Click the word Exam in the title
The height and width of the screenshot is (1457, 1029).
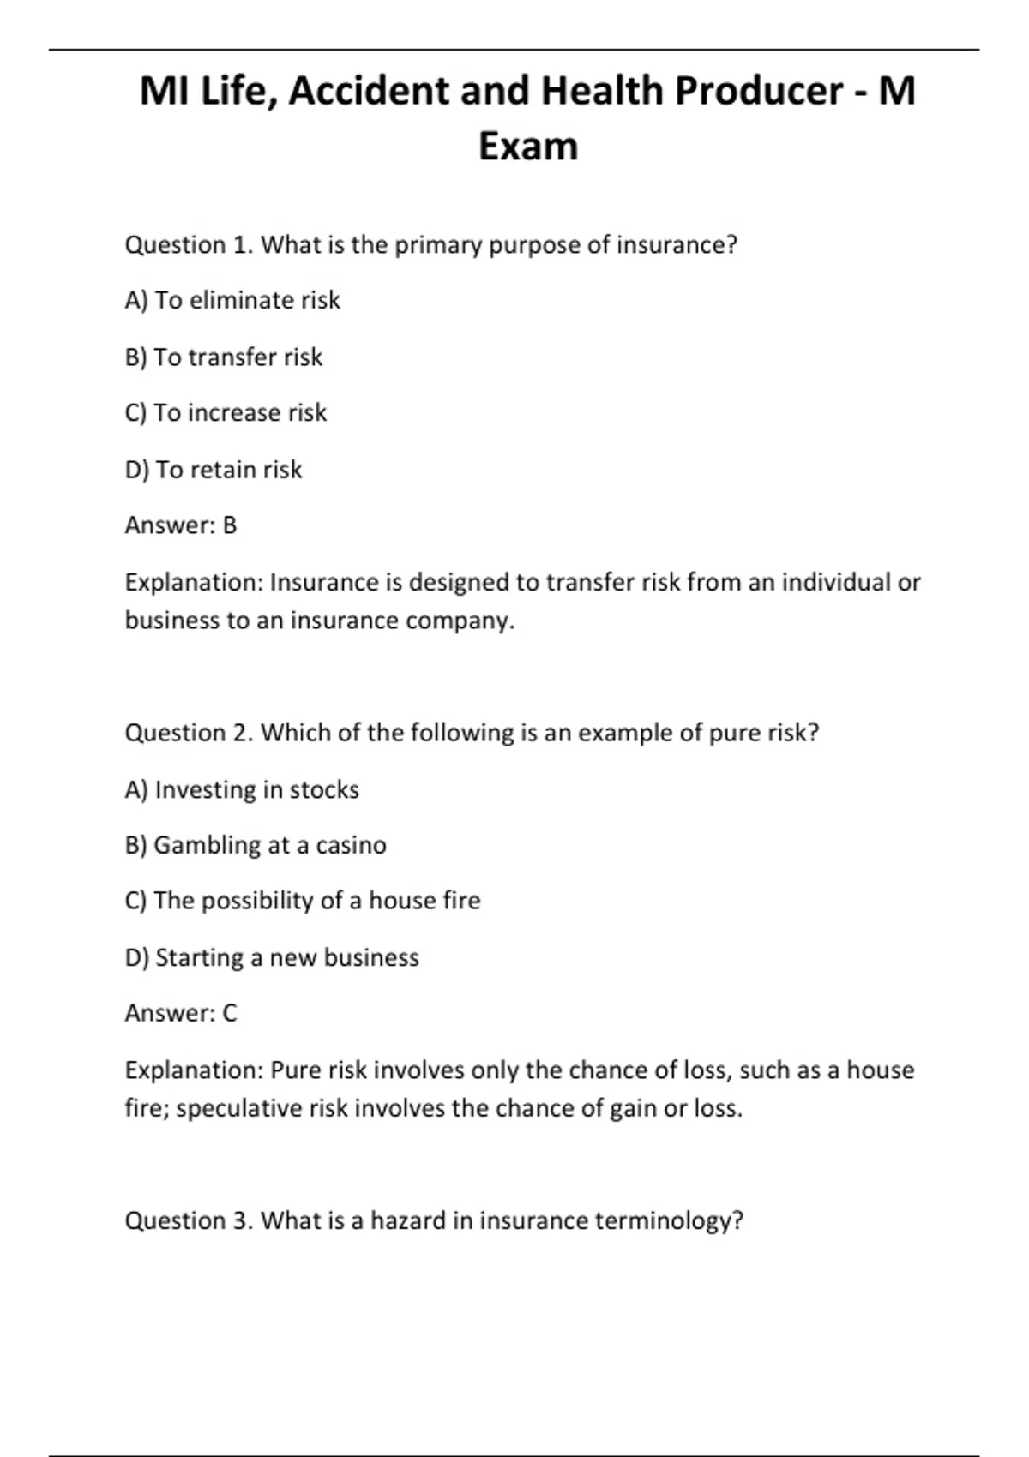[527, 146]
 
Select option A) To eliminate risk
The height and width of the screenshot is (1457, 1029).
[232, 300]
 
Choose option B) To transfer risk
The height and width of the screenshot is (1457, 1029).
[224, 357]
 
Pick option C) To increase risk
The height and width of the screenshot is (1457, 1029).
[226, 413]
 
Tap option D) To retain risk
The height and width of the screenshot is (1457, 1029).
[214, 470]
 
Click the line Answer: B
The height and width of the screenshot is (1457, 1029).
[181, 525]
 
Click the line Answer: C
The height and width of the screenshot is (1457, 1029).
[181, 1013]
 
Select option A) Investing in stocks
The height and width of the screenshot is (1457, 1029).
[242, 789]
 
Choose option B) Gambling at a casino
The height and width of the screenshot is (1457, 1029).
[256, 845]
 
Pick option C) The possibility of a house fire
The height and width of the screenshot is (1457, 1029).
[303, 901]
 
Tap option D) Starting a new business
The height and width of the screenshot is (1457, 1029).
[272, 957]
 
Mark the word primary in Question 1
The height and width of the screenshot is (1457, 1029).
[438, 246]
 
